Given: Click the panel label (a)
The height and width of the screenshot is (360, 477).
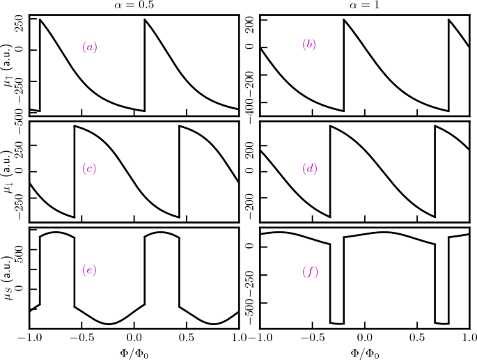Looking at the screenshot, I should click(x=90, y=47).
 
